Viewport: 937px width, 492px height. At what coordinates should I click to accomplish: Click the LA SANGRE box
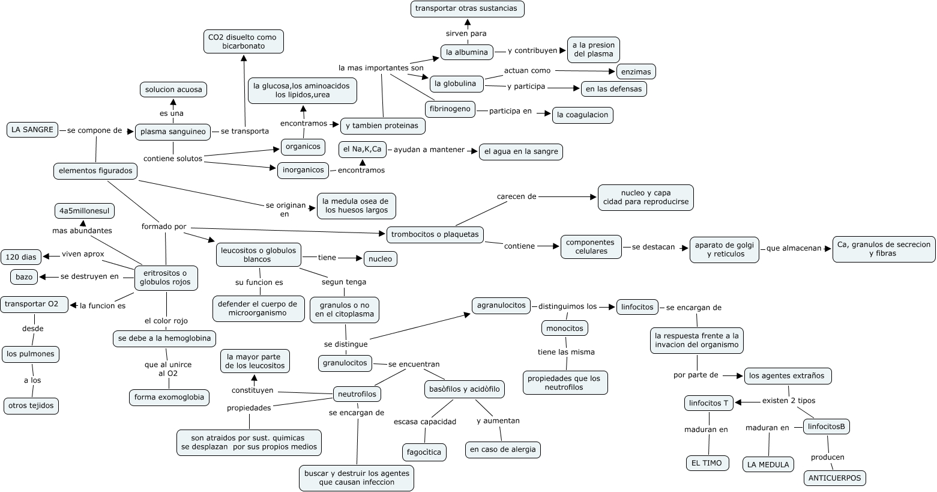click(x=32, y=129)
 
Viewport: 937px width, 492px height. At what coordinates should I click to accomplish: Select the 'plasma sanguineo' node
click(x=173, y=132)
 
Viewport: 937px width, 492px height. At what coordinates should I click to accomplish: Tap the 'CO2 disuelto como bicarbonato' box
click(x=243, y=41)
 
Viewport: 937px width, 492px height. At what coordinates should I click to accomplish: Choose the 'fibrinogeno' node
click(x=450, y=109)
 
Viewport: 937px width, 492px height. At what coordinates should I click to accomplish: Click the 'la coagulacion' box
click(x=582, y=115)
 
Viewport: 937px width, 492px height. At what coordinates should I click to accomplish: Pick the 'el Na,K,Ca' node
click(x=362, y=149)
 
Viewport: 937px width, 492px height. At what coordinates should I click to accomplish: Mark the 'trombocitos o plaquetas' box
click(x=435, y=234)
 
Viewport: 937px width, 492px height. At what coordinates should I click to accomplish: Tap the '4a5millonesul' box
click(x=84, y=211)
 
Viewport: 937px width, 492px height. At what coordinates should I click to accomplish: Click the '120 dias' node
click(x=21, y=257)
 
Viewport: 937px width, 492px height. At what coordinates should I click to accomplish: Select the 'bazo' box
click(x=24, y=277)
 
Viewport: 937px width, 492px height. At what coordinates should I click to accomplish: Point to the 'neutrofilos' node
click(x=357, y=394)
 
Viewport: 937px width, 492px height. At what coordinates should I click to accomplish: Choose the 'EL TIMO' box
click(x=707, y=463)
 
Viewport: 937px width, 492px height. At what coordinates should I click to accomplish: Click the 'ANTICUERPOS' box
click(x=834, y=478)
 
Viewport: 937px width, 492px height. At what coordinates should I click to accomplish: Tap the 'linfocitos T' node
click(x=709, y=403)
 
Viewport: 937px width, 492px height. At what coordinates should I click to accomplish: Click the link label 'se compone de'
click(x=94, y=130)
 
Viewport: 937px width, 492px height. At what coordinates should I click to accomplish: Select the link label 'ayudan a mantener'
click(x=429, y=150)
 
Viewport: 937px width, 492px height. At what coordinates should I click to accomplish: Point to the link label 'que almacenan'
click(x=794, y=248)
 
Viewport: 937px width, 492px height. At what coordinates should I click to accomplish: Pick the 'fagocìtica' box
click(x=424, y=452)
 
